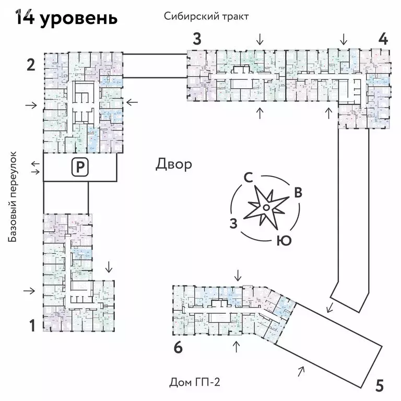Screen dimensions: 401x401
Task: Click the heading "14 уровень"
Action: click(x=66, y=18)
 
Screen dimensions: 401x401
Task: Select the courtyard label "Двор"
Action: click(x=174, y=164)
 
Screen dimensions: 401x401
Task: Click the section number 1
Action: click(x=32, y=326)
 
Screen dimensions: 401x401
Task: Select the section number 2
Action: click(x=31, y=65)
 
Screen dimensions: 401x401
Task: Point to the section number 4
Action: click(x=383, y=39)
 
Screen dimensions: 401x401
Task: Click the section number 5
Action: click(x=380, y=386)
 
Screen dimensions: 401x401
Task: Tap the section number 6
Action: click(x=178, y=348)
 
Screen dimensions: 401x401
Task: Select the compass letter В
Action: click(x=298, y=192)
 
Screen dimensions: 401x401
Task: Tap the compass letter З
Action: click(x=234, y=223)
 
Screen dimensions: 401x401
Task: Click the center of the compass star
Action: click(x=266, y=208)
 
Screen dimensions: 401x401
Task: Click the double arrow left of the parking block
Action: click(x=35, y=168)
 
